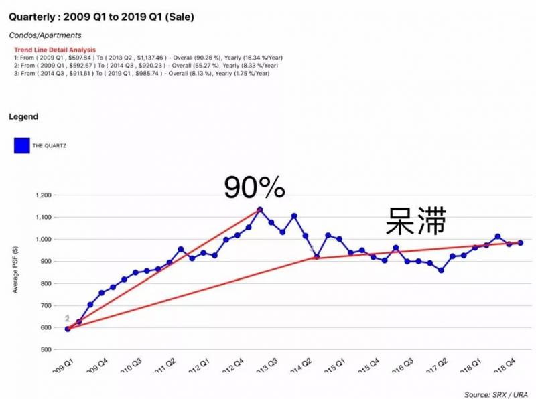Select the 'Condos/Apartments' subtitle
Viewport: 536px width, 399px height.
[x=45, y=35]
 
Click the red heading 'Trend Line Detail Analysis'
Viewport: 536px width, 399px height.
[x=55, y=50]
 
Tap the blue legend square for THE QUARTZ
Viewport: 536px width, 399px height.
[x=22, y=145]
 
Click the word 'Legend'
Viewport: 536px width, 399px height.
[x=23, y=117]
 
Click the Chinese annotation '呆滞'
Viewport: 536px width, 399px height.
[x=415, y=222]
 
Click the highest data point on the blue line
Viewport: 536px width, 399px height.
[x=260, y=210]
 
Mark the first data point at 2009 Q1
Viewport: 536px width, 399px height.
[x=68, y=329]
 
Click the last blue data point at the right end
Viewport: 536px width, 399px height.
[x=521, y=243]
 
